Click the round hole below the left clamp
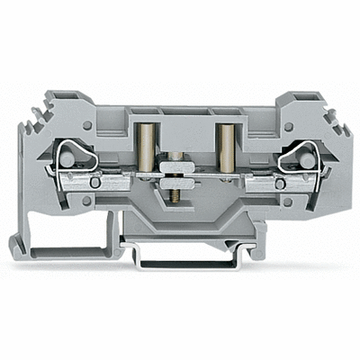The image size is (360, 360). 86,201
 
